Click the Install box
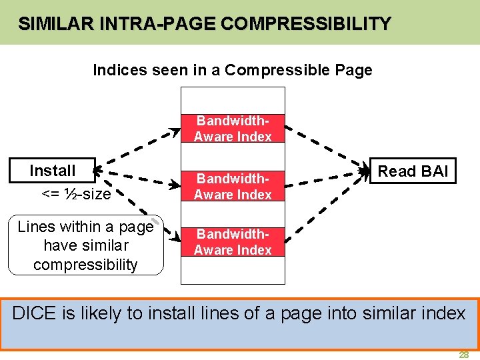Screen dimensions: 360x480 53,171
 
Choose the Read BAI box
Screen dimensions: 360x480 413,171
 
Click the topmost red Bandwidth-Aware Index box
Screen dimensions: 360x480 233,129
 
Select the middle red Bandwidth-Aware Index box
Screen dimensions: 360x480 233,187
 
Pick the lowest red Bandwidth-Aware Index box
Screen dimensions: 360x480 233,242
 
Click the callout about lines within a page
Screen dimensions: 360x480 85,245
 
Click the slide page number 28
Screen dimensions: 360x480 463,355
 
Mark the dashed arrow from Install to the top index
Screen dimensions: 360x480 137,148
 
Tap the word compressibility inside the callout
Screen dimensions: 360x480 85,265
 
